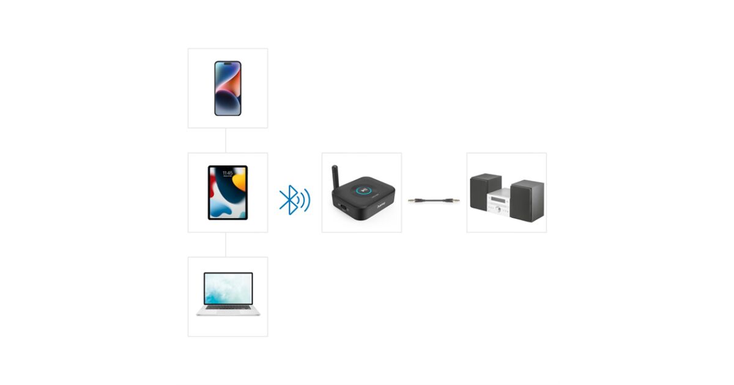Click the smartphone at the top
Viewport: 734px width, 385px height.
(x=228, y=88)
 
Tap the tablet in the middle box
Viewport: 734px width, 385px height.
(x=228, y=193)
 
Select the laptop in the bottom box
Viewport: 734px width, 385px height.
(x=228, y=294)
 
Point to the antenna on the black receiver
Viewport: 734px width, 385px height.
(x=336, y=178)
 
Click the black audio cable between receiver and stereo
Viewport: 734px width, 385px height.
(x=434, y=200)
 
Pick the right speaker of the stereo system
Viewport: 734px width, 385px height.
(x=527, y=200)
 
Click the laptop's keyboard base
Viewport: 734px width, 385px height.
(x=228, y=311)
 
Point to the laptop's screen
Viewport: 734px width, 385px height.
(x=228, y=288)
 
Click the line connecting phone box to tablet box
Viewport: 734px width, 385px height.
(x=226, y=141)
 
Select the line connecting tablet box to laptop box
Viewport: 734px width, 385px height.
(x=226, y=244)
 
